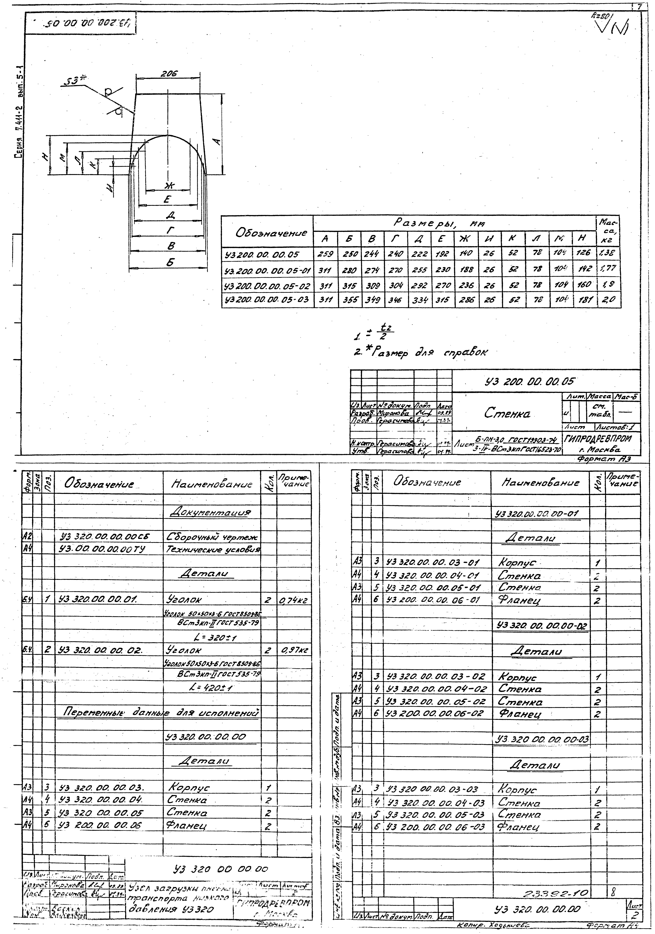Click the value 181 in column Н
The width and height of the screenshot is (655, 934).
(x=584, y=300)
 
